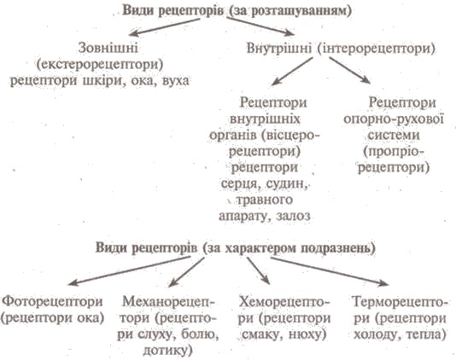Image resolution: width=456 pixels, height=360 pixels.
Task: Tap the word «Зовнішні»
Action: (x=108, y=48)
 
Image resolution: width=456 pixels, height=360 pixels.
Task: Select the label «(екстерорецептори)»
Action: (x=100, y=65)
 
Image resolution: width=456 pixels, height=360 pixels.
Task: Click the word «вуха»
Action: (x=176, y=80)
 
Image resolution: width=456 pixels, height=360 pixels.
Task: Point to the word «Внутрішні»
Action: (x=279, y=49)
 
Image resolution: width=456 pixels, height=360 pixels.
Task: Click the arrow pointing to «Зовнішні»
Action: (x=165, y=27)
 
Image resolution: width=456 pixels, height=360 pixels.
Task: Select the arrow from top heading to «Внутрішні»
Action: (x=260, y=26)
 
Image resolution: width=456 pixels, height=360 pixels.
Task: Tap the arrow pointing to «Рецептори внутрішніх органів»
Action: (x=292, y=71)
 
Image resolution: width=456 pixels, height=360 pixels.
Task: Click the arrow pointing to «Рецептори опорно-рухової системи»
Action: (x=350, y=70)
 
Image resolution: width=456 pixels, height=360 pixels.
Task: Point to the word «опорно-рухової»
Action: (x=394, y=119)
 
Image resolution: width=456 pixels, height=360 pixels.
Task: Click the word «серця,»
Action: (x=240, y=184)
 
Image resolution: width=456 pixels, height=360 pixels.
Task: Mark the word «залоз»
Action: (x=294, y=216)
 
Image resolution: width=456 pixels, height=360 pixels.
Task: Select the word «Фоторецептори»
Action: (x=53, y=302)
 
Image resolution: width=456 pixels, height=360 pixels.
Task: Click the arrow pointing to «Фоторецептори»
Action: (x=129, y=270)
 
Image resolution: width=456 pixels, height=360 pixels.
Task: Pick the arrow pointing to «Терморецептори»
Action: (x=330, y=271)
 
